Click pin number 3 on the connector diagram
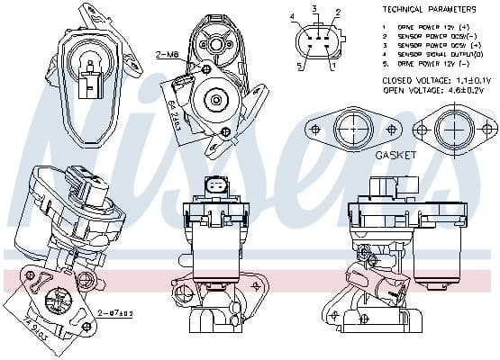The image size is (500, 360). [x=314, y=8]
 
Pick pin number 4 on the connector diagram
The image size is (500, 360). [x=292, y=17]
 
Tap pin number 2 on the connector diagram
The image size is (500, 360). [x=337, y=13]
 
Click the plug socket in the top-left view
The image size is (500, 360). [x=89, y=89]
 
